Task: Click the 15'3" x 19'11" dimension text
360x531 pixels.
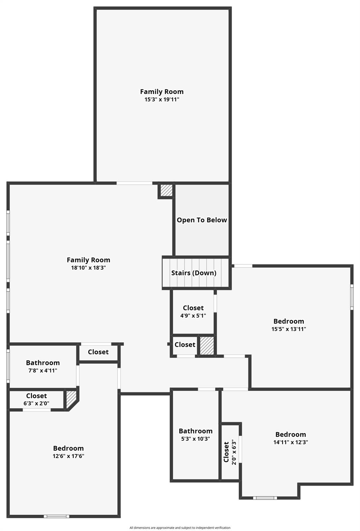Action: pos(162,100)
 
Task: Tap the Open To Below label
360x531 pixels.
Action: pos(202,220)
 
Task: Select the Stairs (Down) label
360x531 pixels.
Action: pos(194,273)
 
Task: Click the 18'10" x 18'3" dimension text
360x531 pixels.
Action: pos(88,268)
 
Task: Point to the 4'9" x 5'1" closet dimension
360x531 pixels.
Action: pos(193,316)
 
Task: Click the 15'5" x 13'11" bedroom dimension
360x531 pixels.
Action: pos(288,329)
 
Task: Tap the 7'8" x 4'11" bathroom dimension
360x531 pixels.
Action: pos(43,371)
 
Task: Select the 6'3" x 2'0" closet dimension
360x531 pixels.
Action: pos(36,403)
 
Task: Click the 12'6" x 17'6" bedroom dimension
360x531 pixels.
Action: pos(68,456)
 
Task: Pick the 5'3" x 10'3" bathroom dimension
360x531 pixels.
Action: pos(196,439)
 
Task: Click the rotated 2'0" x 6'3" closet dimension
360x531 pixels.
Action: pos(234,452)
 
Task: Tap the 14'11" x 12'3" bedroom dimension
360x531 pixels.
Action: pos(291,442)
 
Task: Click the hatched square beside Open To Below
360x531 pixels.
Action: pos(166,190)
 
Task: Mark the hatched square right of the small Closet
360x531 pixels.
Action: pos(207,345)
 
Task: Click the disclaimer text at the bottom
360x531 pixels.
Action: pos(180,528)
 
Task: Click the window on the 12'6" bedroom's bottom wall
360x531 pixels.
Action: pos(56,516)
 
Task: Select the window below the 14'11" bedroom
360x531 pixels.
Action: pos(265,498)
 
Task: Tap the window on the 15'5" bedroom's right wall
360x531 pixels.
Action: pos(352,297)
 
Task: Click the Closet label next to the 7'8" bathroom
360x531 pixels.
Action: pos(98,352)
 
